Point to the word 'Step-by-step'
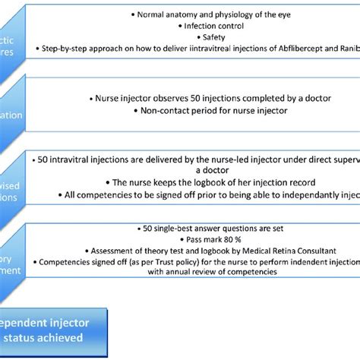[71, 49]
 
